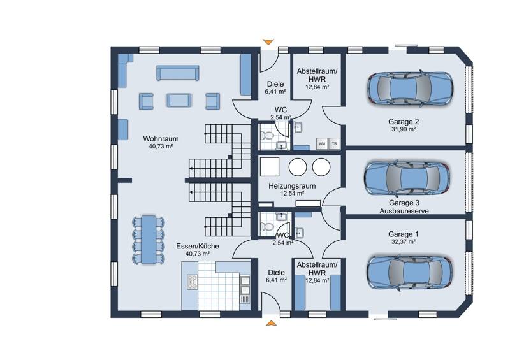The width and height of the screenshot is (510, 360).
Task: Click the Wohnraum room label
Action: [161, 138]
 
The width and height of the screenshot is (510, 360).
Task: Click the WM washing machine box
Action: [321, 143]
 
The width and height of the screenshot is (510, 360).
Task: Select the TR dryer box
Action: [335, 143]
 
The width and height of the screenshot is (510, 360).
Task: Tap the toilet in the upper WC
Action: [268, 135]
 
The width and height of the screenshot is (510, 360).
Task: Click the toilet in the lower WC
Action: [268, 227]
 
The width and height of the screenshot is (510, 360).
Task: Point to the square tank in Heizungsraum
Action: [270, 167]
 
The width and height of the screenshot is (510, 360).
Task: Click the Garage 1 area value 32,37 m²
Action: [402, 242]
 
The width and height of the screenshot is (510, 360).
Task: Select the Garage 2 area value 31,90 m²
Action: [402, 129]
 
